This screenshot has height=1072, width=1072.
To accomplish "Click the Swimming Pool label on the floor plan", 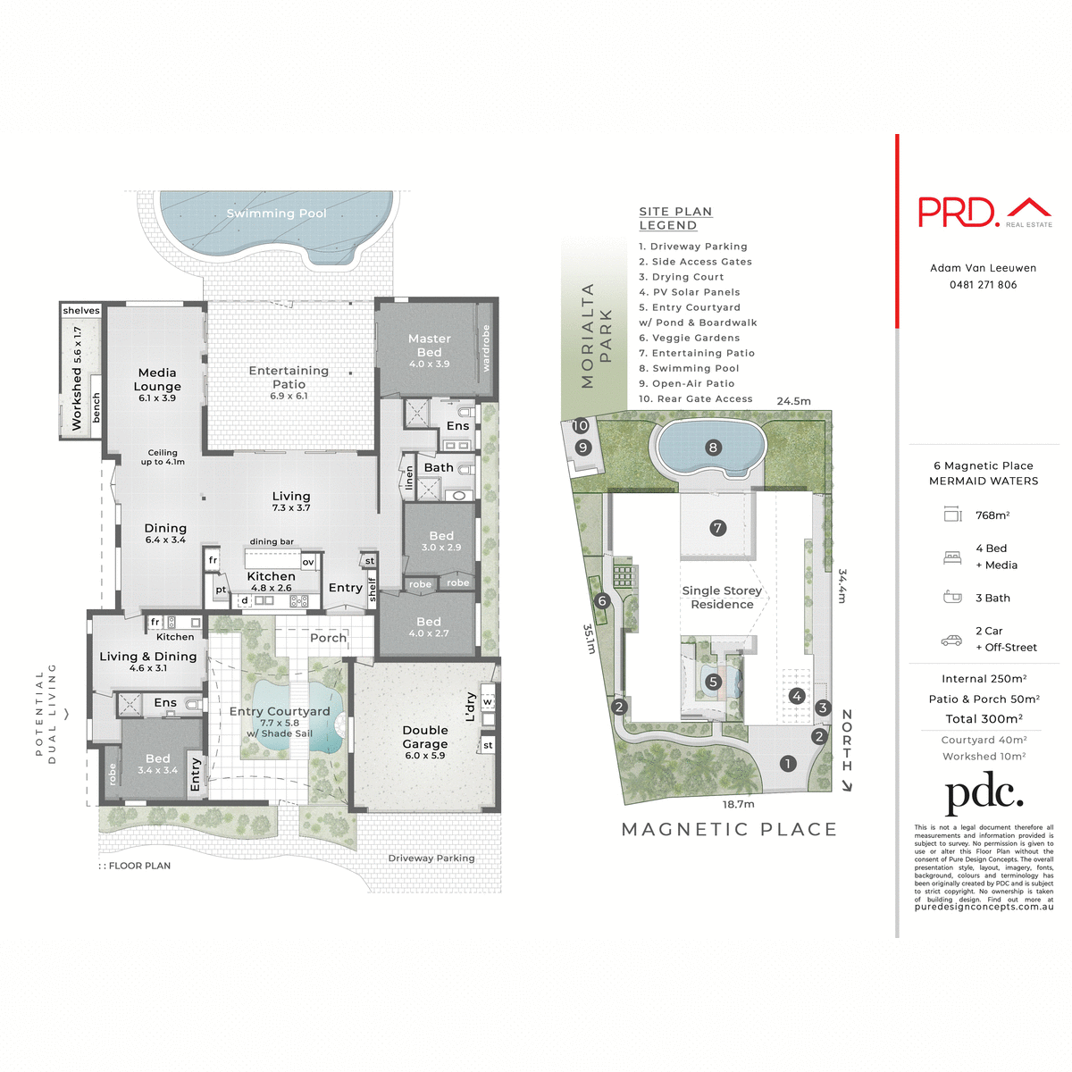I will point(276,214).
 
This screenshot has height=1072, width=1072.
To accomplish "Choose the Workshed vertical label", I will point(77,379).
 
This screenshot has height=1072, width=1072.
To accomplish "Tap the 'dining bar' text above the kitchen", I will point(272,541).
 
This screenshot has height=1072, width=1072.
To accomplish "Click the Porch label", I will point(328,638).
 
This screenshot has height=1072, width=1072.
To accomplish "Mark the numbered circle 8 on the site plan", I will point(712,448).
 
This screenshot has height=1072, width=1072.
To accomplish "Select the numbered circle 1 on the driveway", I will point(787,764).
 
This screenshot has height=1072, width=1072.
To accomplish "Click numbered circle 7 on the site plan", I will point(717,528).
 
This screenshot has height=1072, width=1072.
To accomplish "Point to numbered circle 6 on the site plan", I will point(602,601).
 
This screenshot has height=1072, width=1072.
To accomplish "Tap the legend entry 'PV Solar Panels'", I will point(690,292).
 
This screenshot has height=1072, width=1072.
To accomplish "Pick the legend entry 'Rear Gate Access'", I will point(696,398).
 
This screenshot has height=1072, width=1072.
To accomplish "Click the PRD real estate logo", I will point(984,213).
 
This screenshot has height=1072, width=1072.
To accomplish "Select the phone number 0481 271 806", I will point(983,285).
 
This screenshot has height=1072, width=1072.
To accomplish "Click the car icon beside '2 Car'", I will point(951,640).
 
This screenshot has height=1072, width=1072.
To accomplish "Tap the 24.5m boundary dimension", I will point(793,401).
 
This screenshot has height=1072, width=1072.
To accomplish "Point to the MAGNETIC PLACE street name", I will point(729,830).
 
